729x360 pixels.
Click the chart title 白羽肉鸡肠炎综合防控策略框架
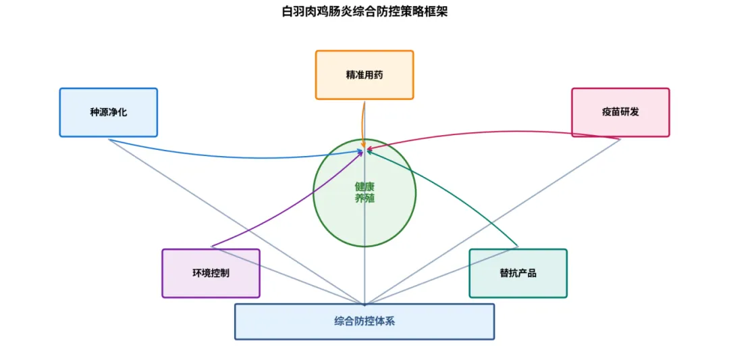tap(364, 11)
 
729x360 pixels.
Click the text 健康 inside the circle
tap(364, 186)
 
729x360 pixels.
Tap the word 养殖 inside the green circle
tap(364, 199)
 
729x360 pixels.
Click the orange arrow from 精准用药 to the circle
tap(362, 122)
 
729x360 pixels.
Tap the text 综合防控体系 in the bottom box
tap(364, 322)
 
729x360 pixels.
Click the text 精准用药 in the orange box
tap(364, 75)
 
